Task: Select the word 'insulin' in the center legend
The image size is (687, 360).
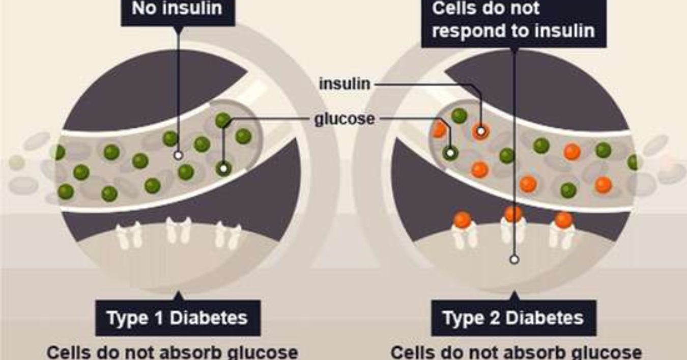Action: [x=345, y=84]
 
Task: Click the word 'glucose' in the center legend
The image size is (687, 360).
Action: [x=345, y=119]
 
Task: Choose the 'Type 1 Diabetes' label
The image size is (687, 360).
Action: [x=177, y=318]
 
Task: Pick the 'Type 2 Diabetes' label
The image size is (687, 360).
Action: [x=513, y=318]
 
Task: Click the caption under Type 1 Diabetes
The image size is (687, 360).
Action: [x=172, y=352]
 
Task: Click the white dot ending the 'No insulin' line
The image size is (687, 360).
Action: [x=178, y=155]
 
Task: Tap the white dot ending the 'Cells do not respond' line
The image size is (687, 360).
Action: [x=514, y=260]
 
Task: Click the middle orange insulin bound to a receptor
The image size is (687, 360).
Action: [x=513, y=214]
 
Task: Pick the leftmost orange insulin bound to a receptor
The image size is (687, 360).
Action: [x=462, y=220]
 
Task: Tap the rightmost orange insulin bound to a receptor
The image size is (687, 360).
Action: [x=563, y=220]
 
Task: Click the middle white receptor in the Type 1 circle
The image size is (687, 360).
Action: [x=178, y=232]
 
